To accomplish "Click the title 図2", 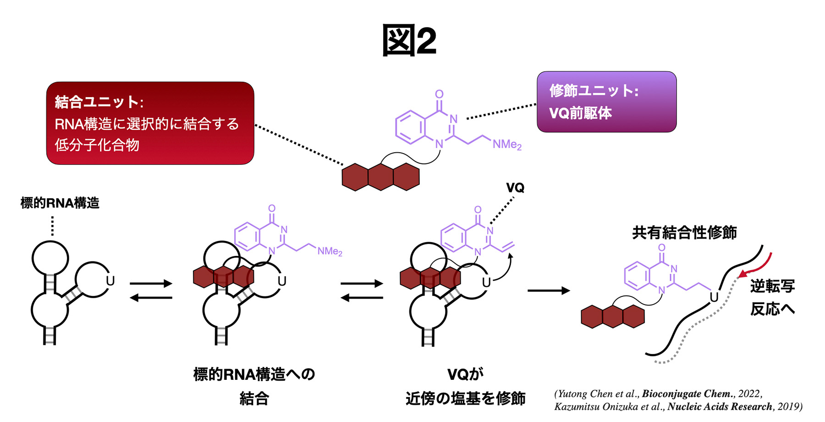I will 409,40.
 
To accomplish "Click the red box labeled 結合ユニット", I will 150,123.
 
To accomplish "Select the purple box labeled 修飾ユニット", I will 606,102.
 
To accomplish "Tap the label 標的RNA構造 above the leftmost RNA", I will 60,203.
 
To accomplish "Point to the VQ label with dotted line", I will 515,188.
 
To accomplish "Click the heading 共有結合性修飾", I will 684,233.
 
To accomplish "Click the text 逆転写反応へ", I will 772,297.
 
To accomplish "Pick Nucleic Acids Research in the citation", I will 720,406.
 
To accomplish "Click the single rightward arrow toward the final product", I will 548,290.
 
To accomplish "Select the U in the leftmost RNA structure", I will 110,281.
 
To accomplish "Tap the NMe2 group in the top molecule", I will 507,144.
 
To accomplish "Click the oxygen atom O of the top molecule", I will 439,94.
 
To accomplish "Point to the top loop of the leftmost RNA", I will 50,258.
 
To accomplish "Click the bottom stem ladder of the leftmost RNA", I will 49,335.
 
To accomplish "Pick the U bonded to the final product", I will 714,297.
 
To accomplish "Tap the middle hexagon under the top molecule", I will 380,177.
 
